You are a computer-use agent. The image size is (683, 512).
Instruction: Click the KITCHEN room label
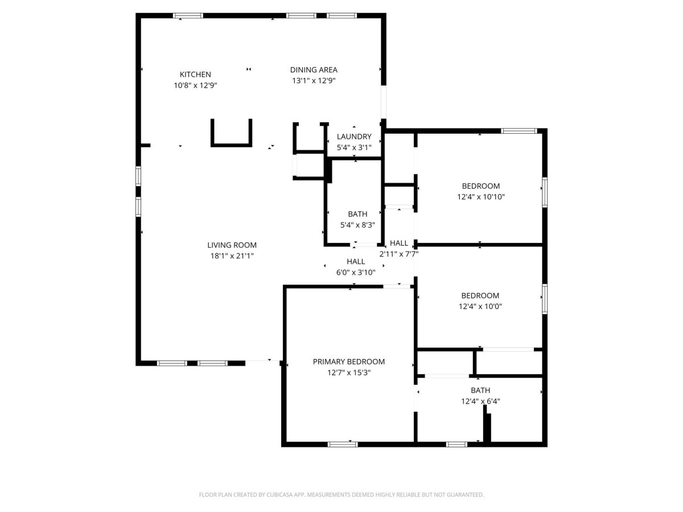[x=195, y=75]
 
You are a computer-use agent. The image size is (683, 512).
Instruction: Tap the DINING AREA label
[x=314, y=69]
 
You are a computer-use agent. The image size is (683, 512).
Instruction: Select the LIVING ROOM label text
[x=232, y=245]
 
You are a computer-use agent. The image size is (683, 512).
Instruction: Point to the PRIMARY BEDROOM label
[x=348, y=362]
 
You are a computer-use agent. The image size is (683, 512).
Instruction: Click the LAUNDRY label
[x=354, y=137]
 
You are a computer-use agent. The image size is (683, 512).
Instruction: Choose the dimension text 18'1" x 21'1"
[x=232, y=256]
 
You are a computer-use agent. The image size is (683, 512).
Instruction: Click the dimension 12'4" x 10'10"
[x=481, y=197]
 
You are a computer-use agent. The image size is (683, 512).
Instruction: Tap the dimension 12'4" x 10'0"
[x=480, y=306]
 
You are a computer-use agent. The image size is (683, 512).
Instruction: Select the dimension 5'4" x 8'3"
[x=357, y=225]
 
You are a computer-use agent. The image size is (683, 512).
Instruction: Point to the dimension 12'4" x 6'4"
[x=480, y=401]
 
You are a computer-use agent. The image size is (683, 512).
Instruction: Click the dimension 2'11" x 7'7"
[x=399, y=254]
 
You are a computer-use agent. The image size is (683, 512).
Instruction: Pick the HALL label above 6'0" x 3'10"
[x=356, y=262]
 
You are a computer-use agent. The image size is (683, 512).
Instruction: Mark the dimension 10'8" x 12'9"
[x=195, y=85]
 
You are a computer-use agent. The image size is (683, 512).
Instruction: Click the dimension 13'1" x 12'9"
[x=314, y=81]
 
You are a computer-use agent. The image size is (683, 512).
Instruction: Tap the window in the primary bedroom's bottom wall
[x=343, y=444]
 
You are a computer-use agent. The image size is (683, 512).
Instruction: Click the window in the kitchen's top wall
[x=188, y=15]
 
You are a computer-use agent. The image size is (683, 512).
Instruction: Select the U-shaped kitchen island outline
[x=231, y=145]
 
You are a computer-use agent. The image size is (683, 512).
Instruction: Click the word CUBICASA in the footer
[x=279, y=494]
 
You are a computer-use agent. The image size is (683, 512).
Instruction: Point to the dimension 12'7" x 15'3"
[x=349, y=373]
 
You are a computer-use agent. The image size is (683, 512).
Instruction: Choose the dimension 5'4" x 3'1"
[x=354, y=147]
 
